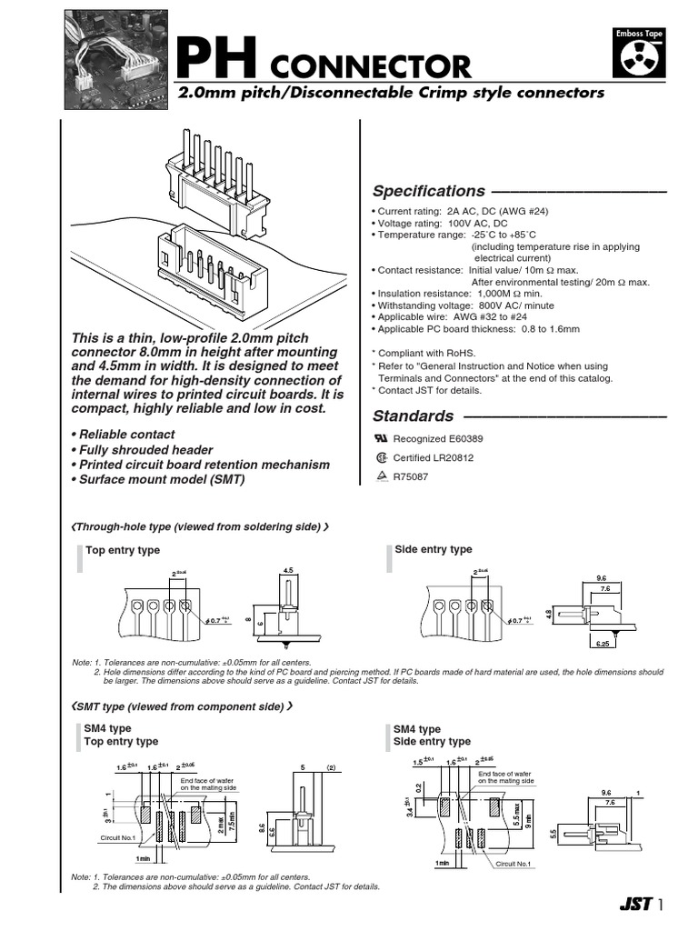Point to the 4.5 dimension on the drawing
289,571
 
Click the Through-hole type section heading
200,526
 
